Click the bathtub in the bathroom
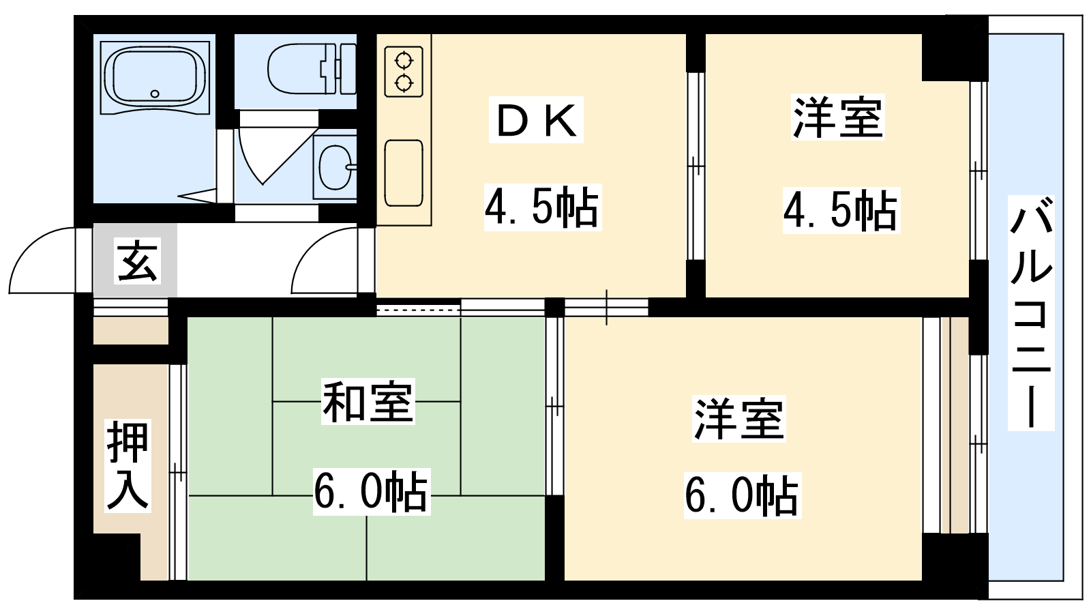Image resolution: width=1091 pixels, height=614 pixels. point(155,78)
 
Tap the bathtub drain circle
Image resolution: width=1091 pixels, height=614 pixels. point(155,93)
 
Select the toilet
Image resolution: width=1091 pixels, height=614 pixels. point(312,69)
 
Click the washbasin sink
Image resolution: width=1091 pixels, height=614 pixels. point(335,167)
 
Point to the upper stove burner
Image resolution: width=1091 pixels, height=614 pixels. point(404,61)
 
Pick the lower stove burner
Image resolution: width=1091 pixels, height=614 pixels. point(404,83)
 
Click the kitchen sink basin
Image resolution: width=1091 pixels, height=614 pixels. point(403,173)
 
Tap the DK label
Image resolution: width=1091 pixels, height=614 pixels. point(536,120)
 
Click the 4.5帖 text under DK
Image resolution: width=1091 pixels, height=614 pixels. point(542,207)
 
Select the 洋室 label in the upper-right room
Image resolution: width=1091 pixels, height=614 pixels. point(838,119)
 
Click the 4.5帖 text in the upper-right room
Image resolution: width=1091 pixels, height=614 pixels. point(841,210)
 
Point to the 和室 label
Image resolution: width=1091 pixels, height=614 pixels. point(368,402)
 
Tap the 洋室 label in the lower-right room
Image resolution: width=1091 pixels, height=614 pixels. point(739,419)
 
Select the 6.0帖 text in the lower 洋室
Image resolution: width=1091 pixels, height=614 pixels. point(743,495)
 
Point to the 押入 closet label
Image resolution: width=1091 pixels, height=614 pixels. point(128,465)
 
